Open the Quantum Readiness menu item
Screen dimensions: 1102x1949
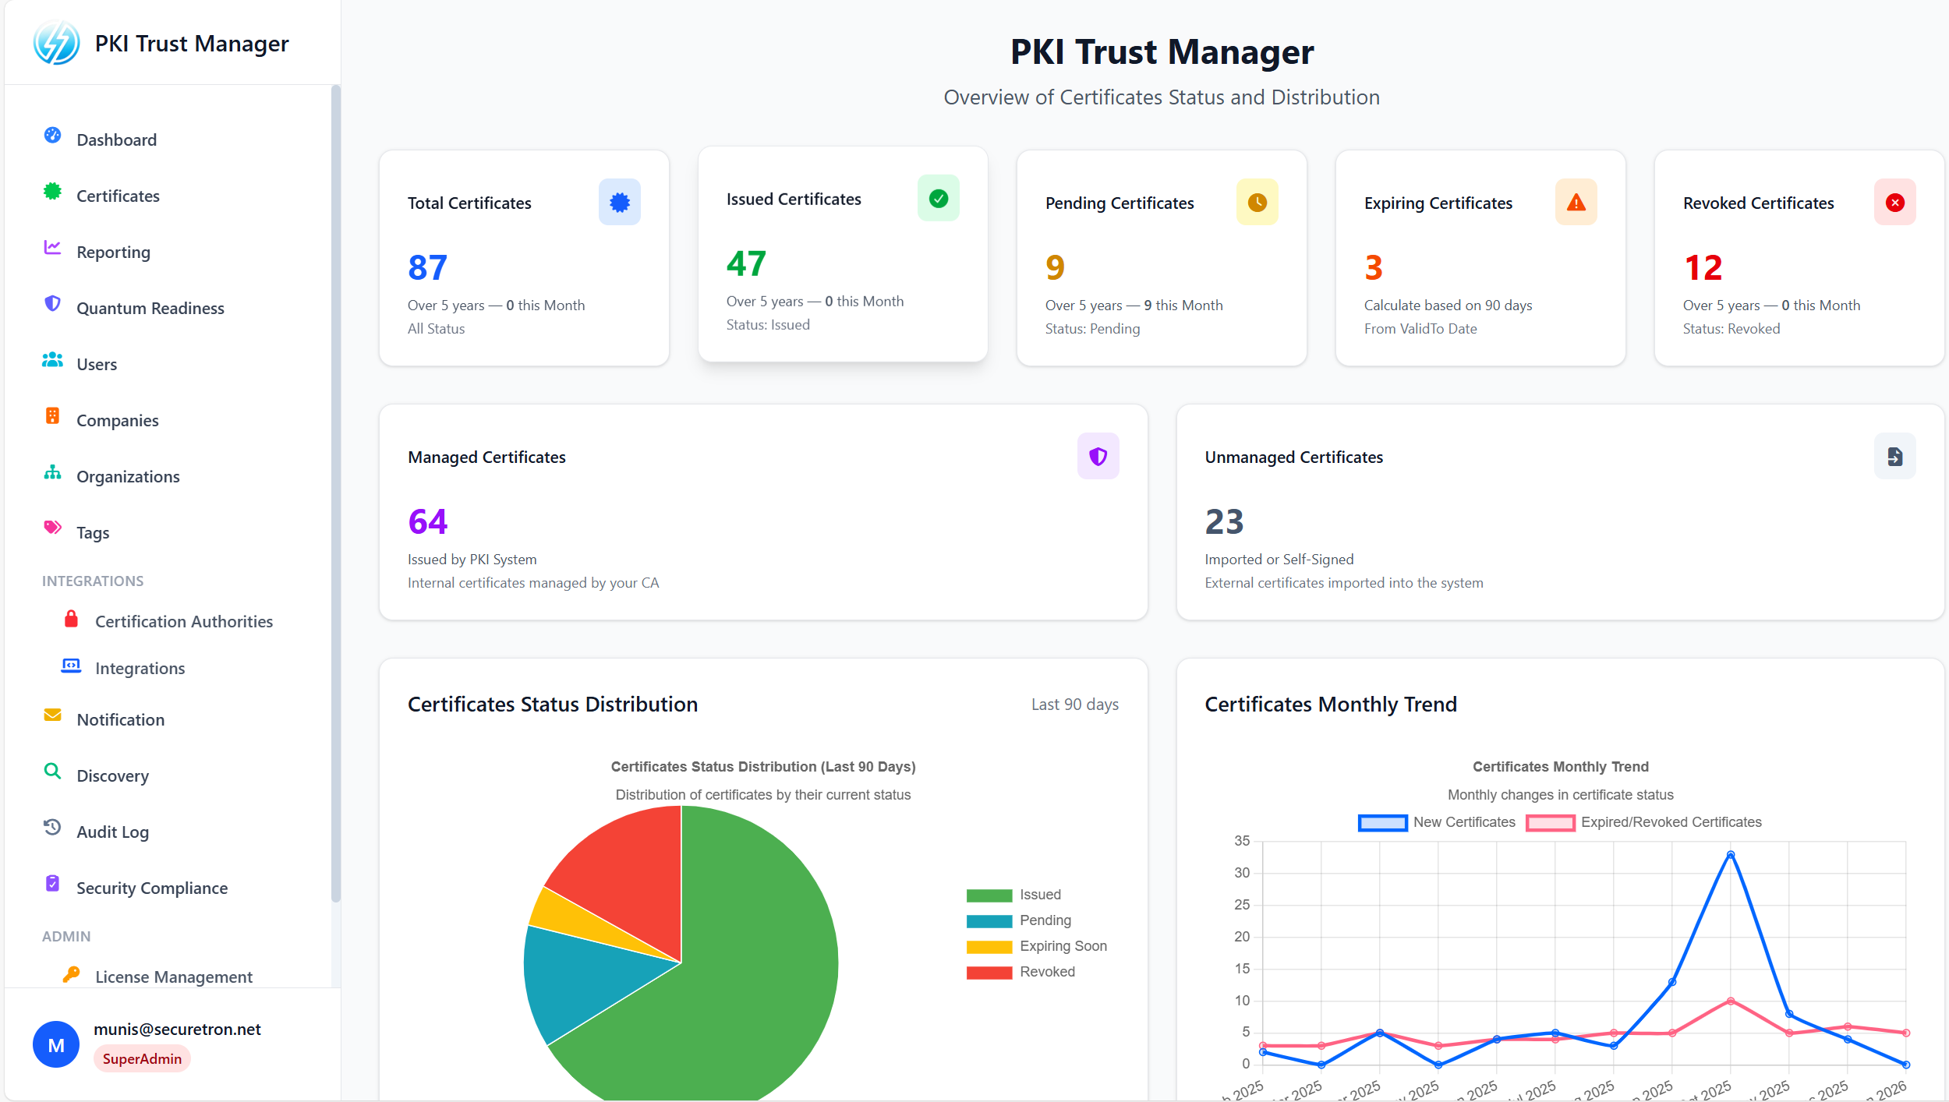tap(150, 308)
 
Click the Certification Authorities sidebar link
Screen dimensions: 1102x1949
tap(183, 621)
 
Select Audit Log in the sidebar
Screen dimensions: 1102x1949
tap(112, 832)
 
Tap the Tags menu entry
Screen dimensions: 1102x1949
tap(92, 532)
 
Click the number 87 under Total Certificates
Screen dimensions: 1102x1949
tap(427, 267)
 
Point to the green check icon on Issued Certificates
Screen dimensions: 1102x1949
tap(938, 199)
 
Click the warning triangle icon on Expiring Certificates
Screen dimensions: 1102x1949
tap(1576, 203)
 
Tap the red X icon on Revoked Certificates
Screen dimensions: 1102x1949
tap(1894, 203)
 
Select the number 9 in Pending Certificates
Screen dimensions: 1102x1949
tap(1055, 267)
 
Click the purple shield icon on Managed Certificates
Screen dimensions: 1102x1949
tap(1098, 456)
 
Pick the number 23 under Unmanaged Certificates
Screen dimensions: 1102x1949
tap(1224, 521)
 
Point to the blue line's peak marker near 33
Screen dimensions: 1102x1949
tap(1730, 855)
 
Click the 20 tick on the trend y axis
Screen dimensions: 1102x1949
tap(1242, 936)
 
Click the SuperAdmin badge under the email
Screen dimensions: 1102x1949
tap(142, 1058)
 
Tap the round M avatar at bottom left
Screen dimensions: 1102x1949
tap(56, 1044)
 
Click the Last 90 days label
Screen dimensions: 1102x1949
tap(1074, 705)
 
